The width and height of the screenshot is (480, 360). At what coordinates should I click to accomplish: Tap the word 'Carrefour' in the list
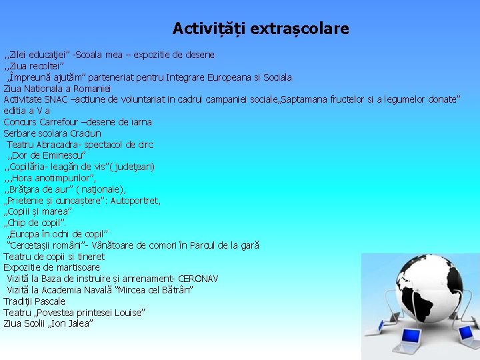[63, 122]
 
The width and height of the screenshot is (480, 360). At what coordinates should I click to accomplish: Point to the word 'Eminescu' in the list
[63, 155]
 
